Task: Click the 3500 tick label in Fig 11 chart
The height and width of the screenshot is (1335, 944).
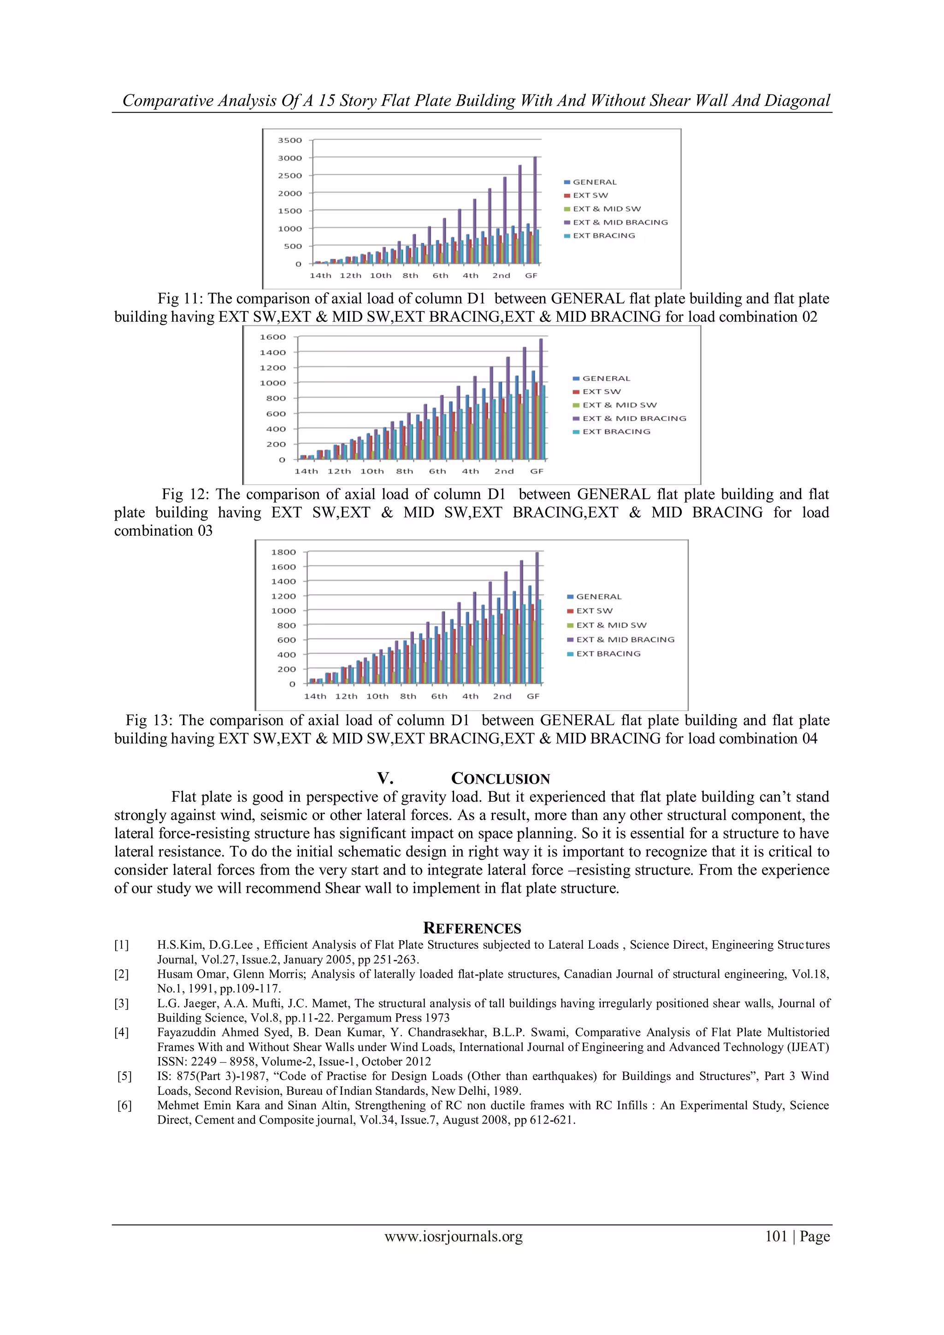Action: click(x=289, y=140)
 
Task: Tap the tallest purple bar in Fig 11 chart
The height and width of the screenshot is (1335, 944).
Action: click(x=535, y=209)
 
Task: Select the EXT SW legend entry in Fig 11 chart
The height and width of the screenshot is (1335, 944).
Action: click(x=590, y=195)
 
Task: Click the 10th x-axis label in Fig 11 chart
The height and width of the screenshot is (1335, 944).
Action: click(x=381, y=276)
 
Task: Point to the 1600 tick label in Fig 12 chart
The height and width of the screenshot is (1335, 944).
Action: click(x=272, y=337)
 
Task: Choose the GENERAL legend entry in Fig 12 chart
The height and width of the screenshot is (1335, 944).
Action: click(x=606, y=378)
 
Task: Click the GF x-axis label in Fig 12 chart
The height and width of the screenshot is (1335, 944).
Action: click(x=537, y=472)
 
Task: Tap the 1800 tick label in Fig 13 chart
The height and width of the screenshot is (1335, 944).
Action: click(x=283, y=552)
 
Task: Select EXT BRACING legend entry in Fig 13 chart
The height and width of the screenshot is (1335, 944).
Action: click(x=608, y=654)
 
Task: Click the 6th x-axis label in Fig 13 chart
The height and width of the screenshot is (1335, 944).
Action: click(x=439, y=697)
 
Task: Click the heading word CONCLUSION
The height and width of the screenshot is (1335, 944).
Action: click(x=501, y=779)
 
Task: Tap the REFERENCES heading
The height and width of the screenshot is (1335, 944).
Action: click(x=472, y=928)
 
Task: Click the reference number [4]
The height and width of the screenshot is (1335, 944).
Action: click(x=122, y=1033)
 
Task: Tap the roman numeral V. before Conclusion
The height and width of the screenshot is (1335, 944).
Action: click(x=385, y=779)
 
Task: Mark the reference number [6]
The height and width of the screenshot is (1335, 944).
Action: click(x=124, y=1106)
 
